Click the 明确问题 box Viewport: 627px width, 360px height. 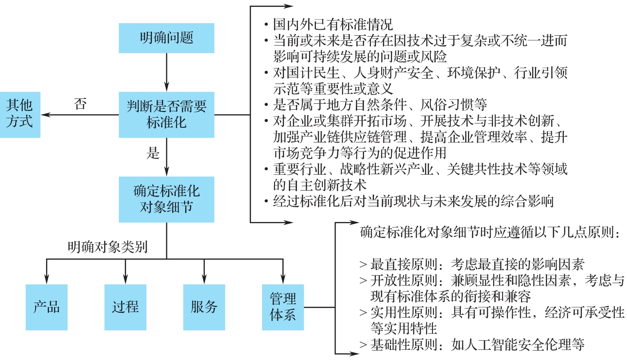166,38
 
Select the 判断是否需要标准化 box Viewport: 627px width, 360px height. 166,114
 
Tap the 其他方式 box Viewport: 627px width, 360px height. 20,114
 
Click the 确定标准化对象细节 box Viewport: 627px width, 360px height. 166,199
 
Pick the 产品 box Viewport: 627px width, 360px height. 46,307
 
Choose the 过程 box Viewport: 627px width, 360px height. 125,307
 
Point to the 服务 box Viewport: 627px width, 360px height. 204,307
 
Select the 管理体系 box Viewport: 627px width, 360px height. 283,307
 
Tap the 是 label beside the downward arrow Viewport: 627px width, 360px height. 153,153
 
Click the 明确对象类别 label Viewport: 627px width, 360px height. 108,247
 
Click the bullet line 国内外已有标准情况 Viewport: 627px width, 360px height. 332,25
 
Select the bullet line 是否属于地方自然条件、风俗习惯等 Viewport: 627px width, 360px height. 380,105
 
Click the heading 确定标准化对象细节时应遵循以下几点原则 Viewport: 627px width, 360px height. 490,232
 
